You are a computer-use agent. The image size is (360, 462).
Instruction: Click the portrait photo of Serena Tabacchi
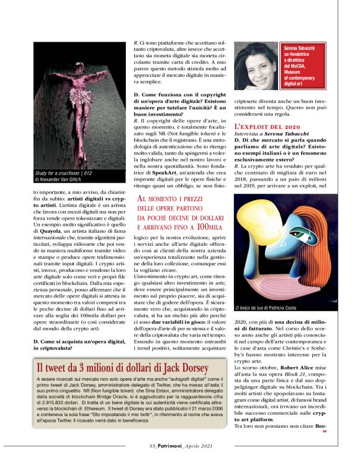pyautogui.click(x=256, y=64)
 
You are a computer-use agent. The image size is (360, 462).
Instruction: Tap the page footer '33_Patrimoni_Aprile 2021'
pyautogui.click(x=179, y=446)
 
